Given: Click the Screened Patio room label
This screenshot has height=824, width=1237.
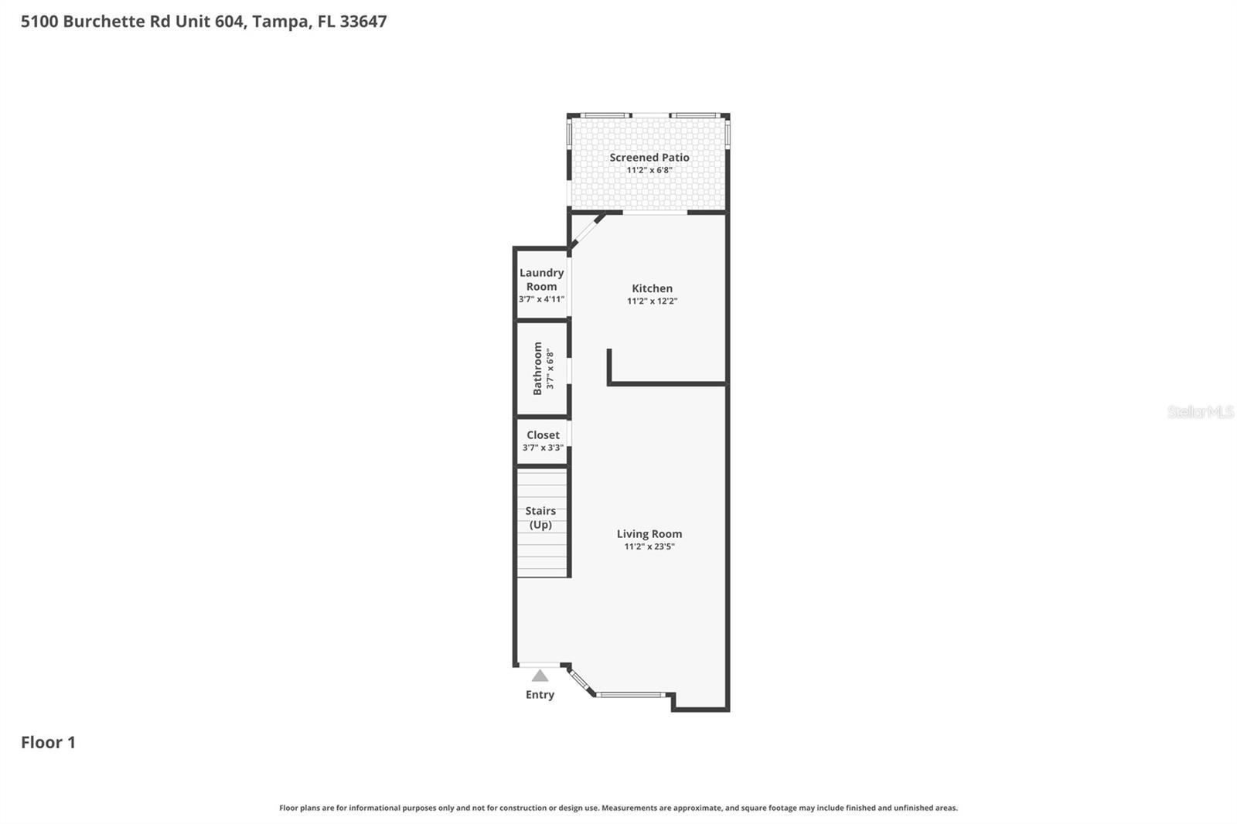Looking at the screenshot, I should [649, 158].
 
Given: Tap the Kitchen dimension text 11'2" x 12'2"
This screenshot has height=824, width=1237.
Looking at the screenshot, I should [652, 301].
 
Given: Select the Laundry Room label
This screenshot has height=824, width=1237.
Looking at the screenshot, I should [541, 279].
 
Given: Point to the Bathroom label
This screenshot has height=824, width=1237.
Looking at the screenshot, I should [537, 369].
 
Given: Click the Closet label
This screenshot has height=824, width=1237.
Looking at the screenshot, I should [543, 435].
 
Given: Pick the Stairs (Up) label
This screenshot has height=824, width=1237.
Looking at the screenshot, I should [540, 518].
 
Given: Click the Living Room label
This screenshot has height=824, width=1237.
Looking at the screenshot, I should [649, 534].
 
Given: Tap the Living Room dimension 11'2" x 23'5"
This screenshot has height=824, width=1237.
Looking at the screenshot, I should [649, 546].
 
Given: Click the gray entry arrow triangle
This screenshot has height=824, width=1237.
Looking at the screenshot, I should [540, 676].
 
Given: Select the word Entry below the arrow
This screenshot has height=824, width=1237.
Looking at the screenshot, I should [540, 695].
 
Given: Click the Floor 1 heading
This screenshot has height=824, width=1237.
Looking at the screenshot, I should [48, 743].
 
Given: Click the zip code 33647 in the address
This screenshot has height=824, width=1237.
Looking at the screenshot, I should [363, 22].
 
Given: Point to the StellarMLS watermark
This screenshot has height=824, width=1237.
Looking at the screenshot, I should [1200, 412].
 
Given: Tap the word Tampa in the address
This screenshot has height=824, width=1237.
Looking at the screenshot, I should [279, 22].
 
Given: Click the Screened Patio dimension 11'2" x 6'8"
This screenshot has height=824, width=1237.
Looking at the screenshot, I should [649, 170].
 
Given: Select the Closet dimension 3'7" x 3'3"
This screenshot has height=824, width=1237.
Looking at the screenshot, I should [543, 448].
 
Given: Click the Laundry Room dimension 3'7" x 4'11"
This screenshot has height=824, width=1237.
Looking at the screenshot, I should [541, 299].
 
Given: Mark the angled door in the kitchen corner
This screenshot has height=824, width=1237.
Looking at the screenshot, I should [588, 231].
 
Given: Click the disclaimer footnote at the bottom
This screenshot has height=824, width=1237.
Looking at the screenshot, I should [618, 808].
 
